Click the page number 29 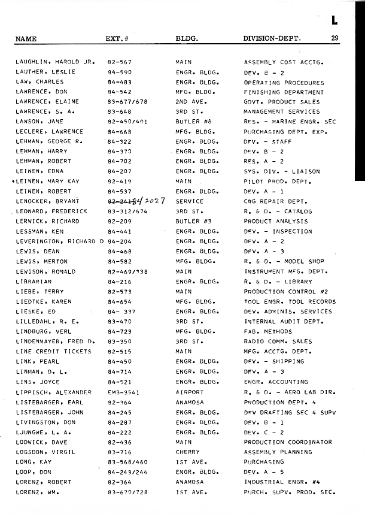coord(334,39)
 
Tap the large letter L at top coord(334,21)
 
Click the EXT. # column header coord(117,39)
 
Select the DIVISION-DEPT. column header coord(272,39)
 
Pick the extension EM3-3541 coord(124,392)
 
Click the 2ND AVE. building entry coord(189,102)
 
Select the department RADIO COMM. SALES coord(278,341)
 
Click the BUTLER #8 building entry coord(193,122)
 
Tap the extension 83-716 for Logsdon coord(120,452)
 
